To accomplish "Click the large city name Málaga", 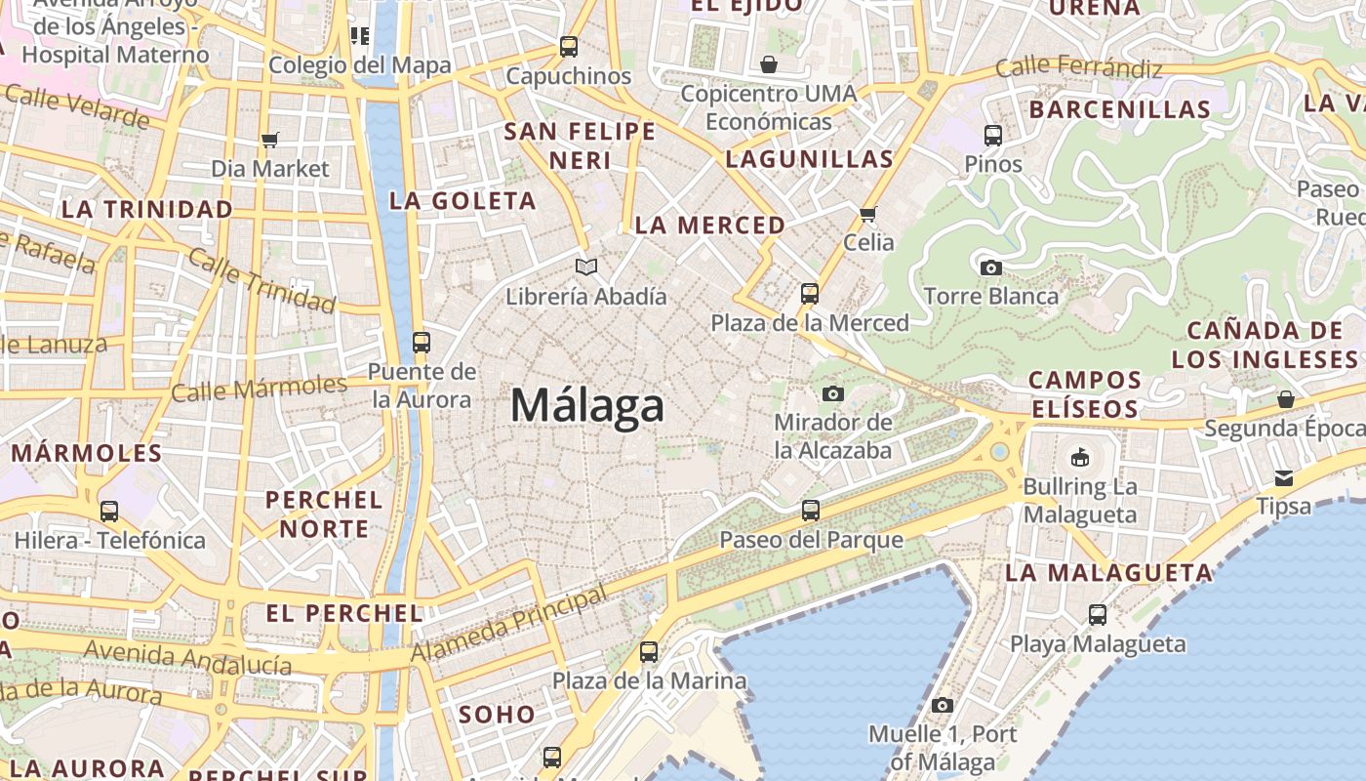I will [587, 405].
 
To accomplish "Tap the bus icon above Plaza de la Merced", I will [809, 293].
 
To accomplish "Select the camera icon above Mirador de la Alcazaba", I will [832, 393].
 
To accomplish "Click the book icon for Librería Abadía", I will [585, 267].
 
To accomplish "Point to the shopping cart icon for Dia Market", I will [270, 140].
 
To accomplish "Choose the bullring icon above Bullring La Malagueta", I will [1079, 457].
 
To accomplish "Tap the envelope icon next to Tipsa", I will [1283, 477].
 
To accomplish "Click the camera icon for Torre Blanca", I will [990, 267].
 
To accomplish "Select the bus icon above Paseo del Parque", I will [810, 510].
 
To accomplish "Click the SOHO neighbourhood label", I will [497, 715].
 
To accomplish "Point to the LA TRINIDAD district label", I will [147, 209].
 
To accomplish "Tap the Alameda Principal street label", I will [509, 625].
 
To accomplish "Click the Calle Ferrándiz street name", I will [1078, 68].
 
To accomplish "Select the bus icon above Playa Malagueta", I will [1098, 614].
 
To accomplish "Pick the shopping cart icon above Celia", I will [867, 214].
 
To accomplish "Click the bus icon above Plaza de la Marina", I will [649, 651].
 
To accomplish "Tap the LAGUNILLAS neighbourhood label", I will [810, 159].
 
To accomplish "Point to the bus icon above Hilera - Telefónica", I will [109, 511].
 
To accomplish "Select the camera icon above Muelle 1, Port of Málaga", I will [942, 705].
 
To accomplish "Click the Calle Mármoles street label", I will [259, 389].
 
